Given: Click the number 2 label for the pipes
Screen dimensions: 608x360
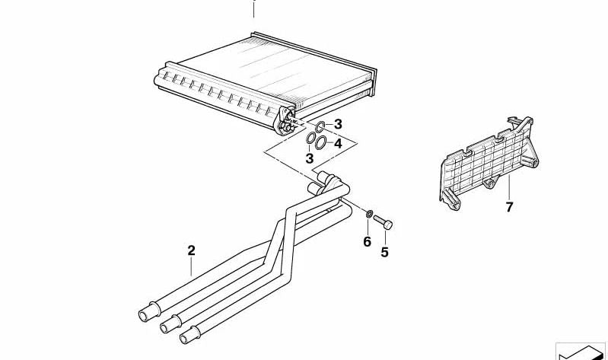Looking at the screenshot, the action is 191,250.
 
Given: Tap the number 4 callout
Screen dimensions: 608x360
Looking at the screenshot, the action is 338,144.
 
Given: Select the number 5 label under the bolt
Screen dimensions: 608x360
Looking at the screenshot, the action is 384,253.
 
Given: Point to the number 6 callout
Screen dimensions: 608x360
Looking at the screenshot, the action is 368,242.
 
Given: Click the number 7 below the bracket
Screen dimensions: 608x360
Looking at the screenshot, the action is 509,207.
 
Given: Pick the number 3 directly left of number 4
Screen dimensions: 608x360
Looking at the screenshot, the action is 310,158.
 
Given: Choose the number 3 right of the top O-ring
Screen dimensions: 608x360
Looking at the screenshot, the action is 338,125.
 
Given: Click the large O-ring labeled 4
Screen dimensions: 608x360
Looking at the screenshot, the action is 320,143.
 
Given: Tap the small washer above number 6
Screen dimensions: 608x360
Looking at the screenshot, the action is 370,213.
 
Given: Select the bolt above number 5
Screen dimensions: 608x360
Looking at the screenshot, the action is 383,222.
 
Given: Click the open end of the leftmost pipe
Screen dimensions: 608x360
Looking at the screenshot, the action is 144,315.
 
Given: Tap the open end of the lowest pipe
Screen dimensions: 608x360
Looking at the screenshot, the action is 185,338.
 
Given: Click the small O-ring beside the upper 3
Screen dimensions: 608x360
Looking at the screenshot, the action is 320,126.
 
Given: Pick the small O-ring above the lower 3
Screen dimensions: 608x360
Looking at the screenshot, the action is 310,138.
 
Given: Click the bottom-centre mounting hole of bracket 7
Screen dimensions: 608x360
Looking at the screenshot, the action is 490,183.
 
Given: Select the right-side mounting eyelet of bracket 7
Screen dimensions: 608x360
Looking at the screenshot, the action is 533,163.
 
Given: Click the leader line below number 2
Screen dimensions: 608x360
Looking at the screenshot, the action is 191,266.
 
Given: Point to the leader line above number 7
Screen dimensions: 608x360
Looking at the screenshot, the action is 509,188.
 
